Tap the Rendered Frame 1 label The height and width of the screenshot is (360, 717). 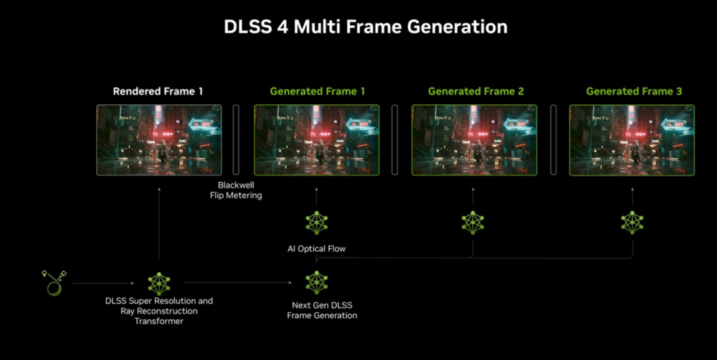tap(158, 91)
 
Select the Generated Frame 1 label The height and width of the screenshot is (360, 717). tap(317, 91)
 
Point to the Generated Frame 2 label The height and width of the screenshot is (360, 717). tap(475, 91)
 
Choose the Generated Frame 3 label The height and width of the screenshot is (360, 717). tap(633, 91)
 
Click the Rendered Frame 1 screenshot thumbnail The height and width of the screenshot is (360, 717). tap(159, 139)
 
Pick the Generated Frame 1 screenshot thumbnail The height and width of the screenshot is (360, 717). tap(317, 139)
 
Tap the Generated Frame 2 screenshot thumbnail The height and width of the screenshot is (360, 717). tap(475, 139)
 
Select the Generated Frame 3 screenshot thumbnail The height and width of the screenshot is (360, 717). tap(632, 139)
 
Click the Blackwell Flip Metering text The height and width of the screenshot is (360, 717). tap(236, 190)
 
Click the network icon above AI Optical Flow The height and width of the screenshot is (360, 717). tap(317, 223)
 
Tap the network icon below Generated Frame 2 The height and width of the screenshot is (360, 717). tap(473, 223)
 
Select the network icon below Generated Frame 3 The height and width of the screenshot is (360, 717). tap(632, 223)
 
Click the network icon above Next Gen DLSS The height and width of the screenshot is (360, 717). tap(317, 283)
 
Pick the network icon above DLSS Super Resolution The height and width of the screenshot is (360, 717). tap(159, 284)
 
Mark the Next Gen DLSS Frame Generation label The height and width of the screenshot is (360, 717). tap(322, 310)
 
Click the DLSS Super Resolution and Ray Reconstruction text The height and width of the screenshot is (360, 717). tap(159, 311)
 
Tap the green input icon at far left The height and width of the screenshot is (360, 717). tap(52, 282)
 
